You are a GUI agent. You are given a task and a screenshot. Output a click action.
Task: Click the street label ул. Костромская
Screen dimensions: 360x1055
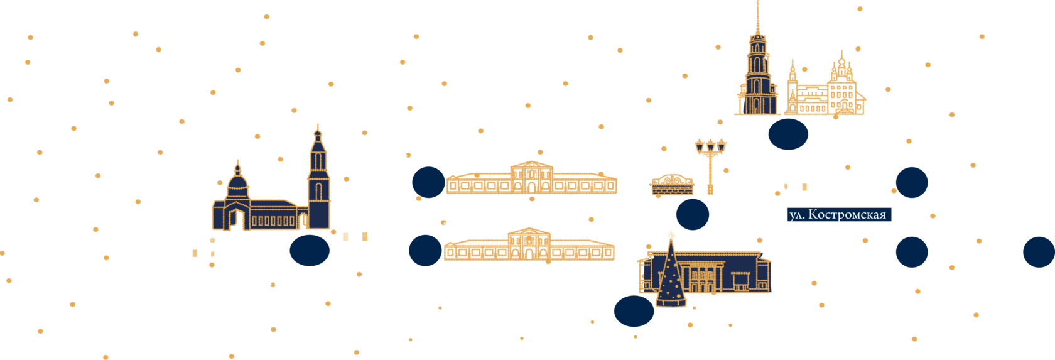[x=838, y=215]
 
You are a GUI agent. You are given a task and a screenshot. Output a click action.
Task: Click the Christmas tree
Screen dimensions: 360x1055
[x=671, y=276]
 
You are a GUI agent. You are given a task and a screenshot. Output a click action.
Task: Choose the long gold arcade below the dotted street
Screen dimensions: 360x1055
[x=529, y=246]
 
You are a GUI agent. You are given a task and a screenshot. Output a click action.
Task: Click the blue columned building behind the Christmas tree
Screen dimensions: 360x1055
[x=722, y=273]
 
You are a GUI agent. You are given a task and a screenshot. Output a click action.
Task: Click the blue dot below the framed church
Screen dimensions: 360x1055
[x=310, y=249]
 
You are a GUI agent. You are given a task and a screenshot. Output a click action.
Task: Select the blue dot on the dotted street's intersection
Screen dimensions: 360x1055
[x=693, y=214]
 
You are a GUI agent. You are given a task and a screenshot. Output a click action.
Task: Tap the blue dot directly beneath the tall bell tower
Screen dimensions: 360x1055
[x=788, y=134]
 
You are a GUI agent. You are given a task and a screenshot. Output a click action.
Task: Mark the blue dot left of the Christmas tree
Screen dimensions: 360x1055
[x=634, y=311]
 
